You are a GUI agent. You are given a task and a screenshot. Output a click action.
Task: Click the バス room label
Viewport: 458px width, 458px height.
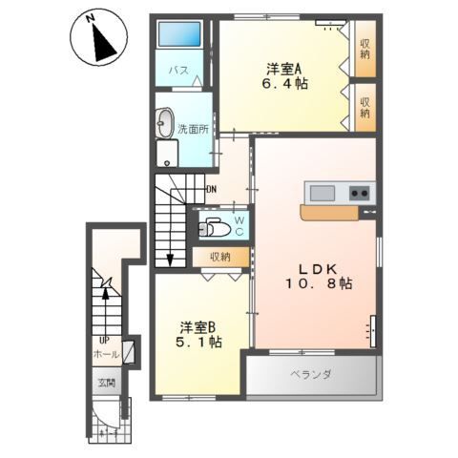click(x=177, y=71)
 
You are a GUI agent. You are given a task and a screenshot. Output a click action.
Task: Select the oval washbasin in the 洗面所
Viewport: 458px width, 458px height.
click(x=165, y=122)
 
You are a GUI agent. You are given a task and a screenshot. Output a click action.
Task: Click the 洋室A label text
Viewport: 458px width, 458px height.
click(x=283, y=68)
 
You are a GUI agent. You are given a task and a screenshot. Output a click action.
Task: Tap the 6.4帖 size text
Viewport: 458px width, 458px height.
click(x=283, y=84)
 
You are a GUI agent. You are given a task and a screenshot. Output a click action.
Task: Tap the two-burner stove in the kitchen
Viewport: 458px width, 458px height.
click(x=360, y=193)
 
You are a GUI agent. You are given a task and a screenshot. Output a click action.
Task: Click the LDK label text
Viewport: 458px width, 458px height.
click(x=311, y=266)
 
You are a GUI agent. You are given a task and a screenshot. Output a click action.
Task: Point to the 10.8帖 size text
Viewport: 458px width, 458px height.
click(x=311, y=284)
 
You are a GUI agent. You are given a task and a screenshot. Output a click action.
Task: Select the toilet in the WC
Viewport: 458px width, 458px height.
click(x=215, y=228)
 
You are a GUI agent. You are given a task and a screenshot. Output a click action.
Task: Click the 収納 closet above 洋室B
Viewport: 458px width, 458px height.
click(x=220, y=257)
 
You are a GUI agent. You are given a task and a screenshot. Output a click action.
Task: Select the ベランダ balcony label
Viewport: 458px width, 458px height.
click(x=311, y=375)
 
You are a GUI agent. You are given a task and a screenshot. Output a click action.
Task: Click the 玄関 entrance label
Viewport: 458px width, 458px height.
click(x=106, y=384)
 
